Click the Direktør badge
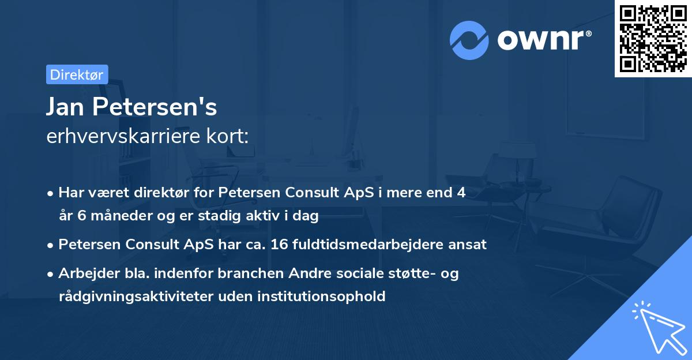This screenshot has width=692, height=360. [x=77, y=74]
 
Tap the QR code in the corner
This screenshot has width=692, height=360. [x=653, y=38]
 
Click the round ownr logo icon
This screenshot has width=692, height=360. [x=469, y=40]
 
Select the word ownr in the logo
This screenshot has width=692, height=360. [x=543, y=40]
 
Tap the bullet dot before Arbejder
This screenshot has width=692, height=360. [x=51, y=274]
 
